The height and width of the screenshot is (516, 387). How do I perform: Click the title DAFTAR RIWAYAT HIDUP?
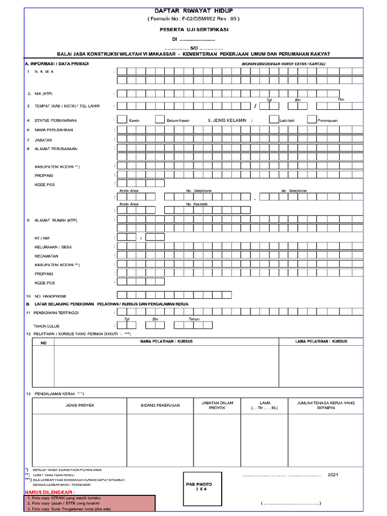tap(193, 11)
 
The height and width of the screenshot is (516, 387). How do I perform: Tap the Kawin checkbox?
tap(122, 120)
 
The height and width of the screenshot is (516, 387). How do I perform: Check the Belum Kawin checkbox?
tap(160, 120)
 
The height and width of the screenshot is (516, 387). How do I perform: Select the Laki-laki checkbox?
tap(274, 120)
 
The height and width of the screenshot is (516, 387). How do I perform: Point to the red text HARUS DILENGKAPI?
tap(50, 492)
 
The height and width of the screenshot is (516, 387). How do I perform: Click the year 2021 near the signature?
tap(334, 475)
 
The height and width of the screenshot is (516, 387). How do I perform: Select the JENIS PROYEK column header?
tap(80, 405)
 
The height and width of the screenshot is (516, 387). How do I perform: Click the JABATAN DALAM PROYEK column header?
tap(217, 405)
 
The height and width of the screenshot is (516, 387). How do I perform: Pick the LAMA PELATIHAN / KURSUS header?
tap(321, 342)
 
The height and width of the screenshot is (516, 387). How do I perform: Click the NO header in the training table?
tap(43, 343)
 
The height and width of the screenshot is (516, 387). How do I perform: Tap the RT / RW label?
tap(42, 238)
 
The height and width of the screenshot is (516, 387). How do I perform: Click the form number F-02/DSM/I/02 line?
tap(193, 19)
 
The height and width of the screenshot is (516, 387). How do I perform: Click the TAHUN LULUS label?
tap(46, 326)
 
